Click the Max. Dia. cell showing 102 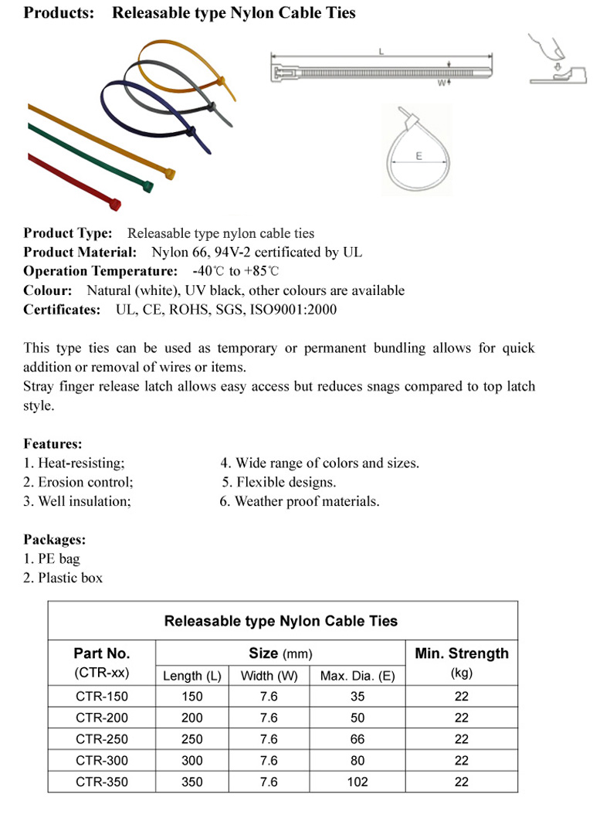[x=357, y=782]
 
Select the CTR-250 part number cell [x=102, y=739]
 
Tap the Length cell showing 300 [x=192, y=761]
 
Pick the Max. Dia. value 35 [x=357, y=696]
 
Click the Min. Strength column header [x=462, y=653]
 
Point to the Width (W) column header [x=269, y=676]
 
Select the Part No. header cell [x=102, y=653]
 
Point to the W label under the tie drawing [x=441, y=82]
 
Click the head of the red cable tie [x=115, y=205]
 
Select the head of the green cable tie [x=147, y=185]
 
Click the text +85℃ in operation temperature [x=262, y=271]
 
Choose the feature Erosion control [x=79, y=482]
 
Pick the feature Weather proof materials [x=300, y=501]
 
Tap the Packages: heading [x=54, y=539]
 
